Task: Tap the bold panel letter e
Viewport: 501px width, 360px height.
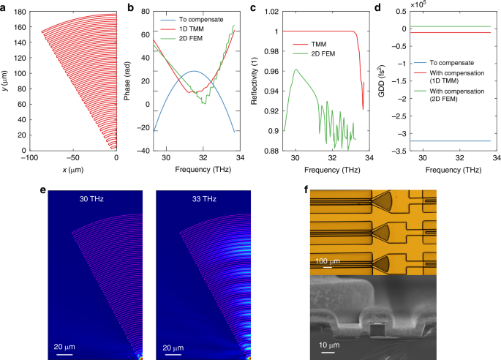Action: click(x=45, y=190)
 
